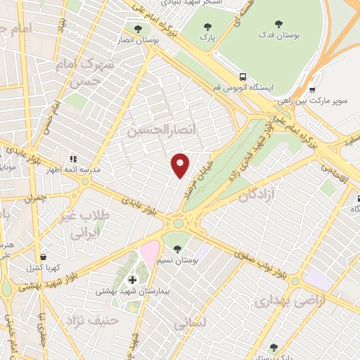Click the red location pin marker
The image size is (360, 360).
(x=181, y=165)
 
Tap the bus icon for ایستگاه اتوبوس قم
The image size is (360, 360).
(x=243, y=76)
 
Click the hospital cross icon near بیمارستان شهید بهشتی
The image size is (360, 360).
(x=132, y=280)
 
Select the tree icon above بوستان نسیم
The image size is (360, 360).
(x=177, y=248)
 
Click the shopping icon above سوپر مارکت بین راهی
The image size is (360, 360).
(x=313, y=90)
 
